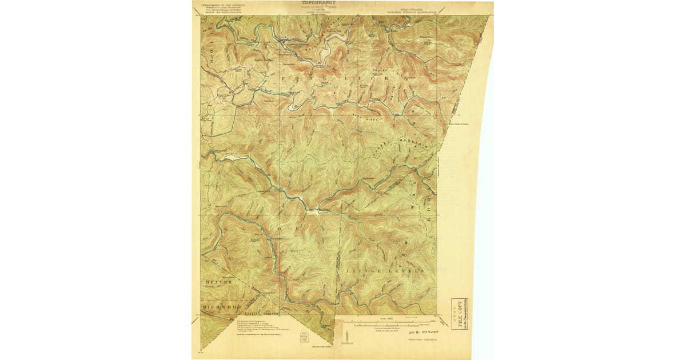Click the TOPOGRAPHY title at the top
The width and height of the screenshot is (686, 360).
(x=318, y=3)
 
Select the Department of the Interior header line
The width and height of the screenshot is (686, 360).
(x=223, y=5)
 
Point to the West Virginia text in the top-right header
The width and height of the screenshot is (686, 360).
(x=416, y=7)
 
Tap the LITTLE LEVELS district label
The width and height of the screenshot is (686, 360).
(x=385, y=269)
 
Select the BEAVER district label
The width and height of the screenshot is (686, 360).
(x=218, y=282)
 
